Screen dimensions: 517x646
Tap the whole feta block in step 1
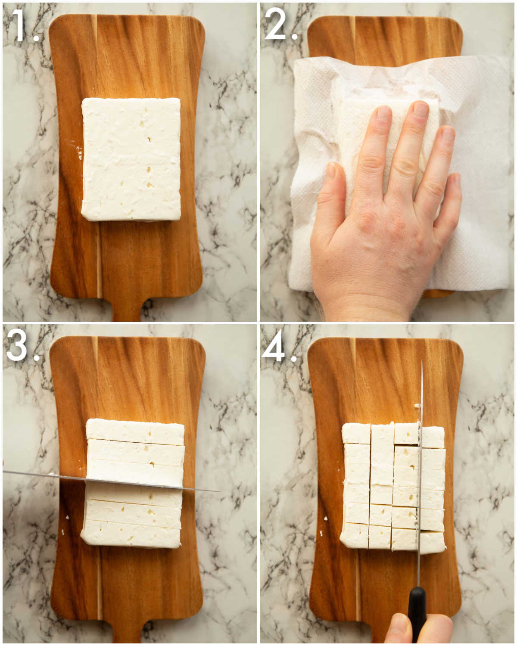tap(131, 159)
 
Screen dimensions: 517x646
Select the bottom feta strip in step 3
tap(131, 534)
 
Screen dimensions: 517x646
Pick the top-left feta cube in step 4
tap(356, 433)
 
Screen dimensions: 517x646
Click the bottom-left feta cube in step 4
tap(355, 535)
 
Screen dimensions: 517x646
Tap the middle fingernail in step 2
tap(420, 109)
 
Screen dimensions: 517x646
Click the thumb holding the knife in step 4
tap(396, 630)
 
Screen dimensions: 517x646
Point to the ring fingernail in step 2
tap(448, 134)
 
